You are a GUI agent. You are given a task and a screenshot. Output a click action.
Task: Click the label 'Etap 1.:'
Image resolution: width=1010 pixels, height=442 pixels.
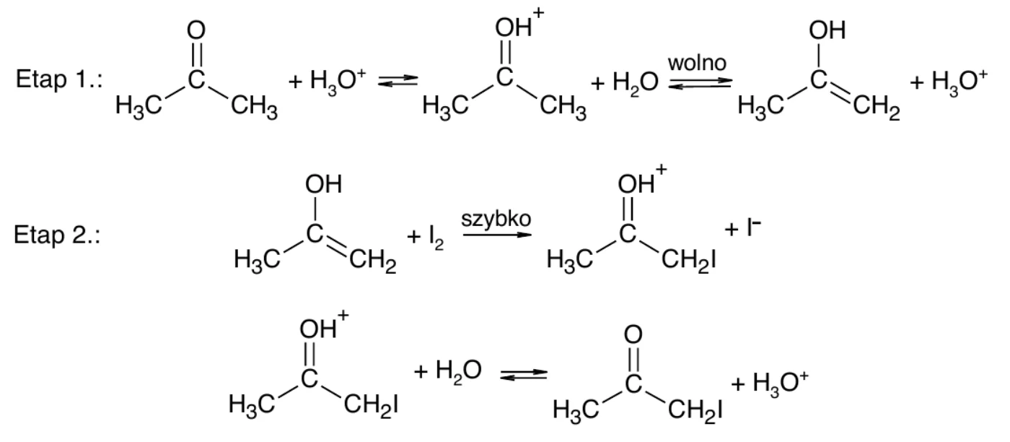pyautogui.click(x=59, y=79)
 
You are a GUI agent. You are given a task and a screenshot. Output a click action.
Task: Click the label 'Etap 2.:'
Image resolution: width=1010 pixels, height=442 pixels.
pyautogui.click(x=57, y=235)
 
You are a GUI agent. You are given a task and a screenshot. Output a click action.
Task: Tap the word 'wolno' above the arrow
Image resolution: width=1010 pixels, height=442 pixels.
pyautogui.click(x=697, y=63)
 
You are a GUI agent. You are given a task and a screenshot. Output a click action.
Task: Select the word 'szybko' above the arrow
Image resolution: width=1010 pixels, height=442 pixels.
pyautogui.click(x=496, y=220)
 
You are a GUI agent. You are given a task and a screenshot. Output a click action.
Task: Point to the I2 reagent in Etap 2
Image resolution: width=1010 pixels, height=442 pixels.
pyautogui.click(x=436, y=238)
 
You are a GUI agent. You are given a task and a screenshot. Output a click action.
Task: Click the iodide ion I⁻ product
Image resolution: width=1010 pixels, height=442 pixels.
pyautogui.click(x=753, y=227)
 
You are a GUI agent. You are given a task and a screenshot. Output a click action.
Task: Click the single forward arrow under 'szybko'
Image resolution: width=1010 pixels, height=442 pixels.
pyautogui.click(x=497, y=235)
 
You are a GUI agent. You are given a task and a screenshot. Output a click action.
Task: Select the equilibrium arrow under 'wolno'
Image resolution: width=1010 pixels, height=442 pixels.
pyautogui.click(x=701, y=82)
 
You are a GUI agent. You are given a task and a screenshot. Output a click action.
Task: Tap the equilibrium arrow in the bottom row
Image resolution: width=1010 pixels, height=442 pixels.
pyautogui.click(x=524, y=375)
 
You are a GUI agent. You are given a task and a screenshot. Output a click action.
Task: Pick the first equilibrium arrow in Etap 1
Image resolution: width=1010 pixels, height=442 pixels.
pyautogui.click(x=398, y=81)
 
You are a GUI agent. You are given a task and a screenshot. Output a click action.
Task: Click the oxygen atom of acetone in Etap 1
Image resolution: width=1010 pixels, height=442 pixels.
pyautogui.click(x=196, y=30)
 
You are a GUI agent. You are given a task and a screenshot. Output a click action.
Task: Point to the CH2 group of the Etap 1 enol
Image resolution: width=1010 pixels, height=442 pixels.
pyautogui.click(x=876, y=108)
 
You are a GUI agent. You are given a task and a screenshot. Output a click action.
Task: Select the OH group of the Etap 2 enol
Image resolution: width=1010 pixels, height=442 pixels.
pyautogui.click(x=323, y=184)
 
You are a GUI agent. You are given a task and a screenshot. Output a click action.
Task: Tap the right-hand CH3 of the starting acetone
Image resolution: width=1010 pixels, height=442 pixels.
pyautogui.click(x=254, y=108)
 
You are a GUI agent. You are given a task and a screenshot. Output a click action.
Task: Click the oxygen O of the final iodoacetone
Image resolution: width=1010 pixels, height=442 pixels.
pyautogui.click(x=633, y=334)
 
